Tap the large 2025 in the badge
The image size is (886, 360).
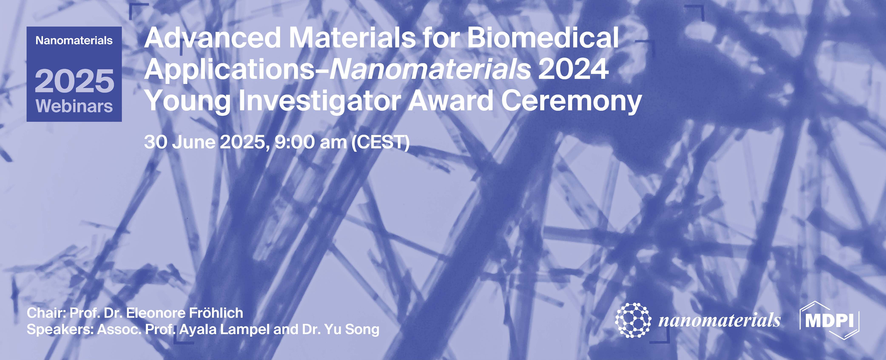pos(74,81)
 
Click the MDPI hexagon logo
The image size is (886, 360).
pos(830,320)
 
